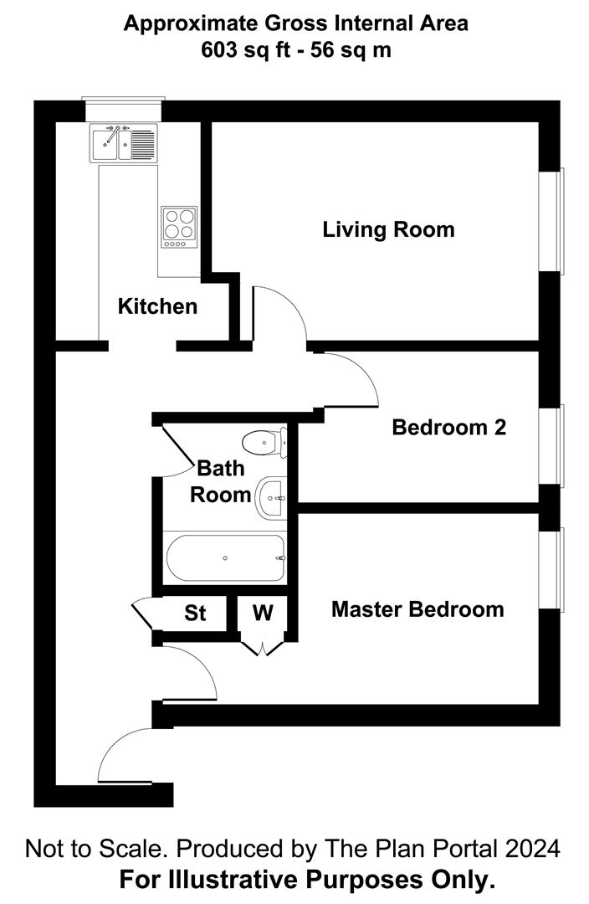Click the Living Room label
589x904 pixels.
tap(388, 229)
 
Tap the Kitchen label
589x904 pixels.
tap(157, 306)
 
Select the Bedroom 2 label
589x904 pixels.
tap(448, 428)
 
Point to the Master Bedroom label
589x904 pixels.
tap(417, 609)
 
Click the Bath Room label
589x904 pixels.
tap(221, 481)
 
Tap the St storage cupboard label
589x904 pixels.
tap(195, 614)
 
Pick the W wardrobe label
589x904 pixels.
tap(263, 614)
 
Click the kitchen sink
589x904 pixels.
tap(122, 143)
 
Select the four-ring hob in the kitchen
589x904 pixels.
tap(179, 227)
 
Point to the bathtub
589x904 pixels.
tap(226, 558)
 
